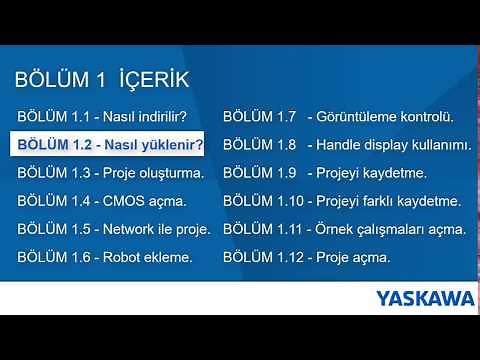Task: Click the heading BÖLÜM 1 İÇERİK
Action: pos(102,79)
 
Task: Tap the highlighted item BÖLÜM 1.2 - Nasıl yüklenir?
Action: pos(110,144)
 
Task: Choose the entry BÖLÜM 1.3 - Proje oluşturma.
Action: pos(110,173)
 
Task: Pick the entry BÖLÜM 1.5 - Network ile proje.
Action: pos(114,229)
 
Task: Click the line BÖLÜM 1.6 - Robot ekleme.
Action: pos(104,257)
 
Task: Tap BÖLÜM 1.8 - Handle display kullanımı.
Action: pos(346,144)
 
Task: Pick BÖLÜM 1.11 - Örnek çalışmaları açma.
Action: pos(344,229)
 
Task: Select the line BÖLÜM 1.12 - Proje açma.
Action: pos(306,257)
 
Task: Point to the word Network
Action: pos(133,229)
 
